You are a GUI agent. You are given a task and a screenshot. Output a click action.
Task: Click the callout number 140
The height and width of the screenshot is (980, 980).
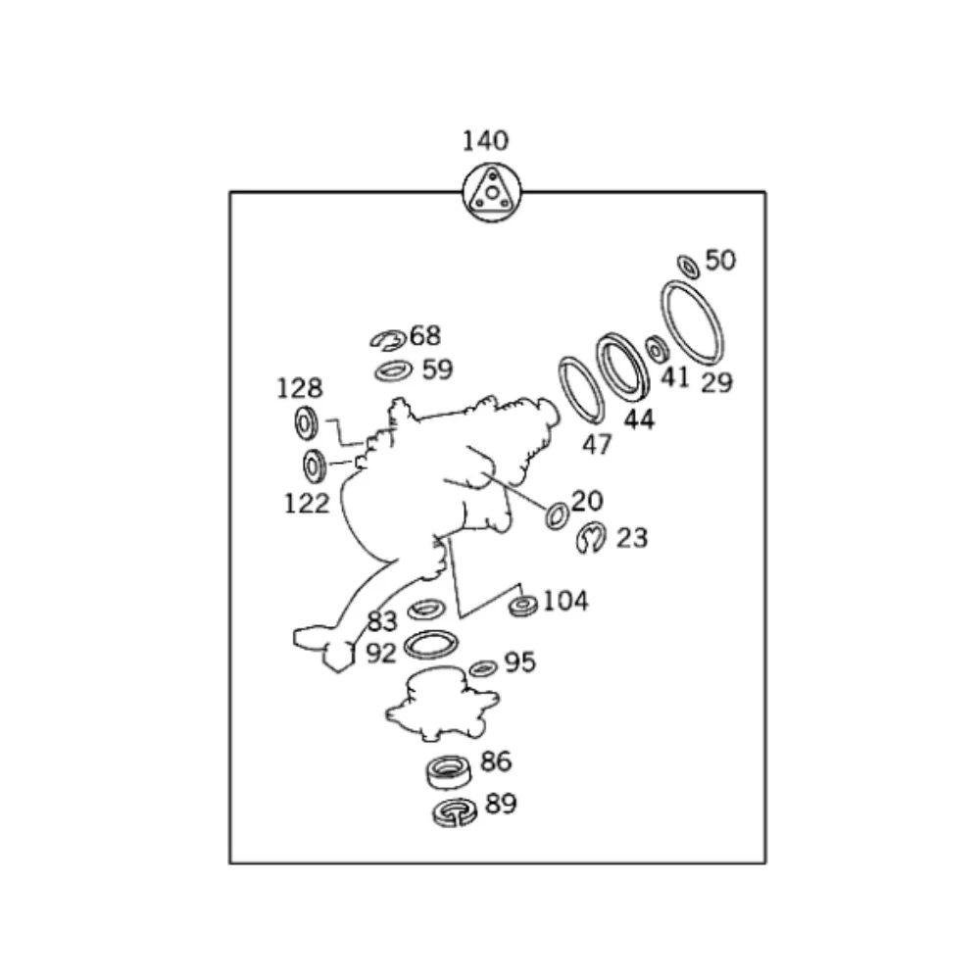point(485,140)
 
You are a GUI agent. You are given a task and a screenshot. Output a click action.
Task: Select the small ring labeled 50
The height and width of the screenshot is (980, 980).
point(688,267)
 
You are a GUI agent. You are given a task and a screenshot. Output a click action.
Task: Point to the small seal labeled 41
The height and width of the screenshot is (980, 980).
point(656,350)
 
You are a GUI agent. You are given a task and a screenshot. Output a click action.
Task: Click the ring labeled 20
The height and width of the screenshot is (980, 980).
point(550,516)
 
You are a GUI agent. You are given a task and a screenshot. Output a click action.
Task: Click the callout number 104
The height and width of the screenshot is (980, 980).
point(565,602)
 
